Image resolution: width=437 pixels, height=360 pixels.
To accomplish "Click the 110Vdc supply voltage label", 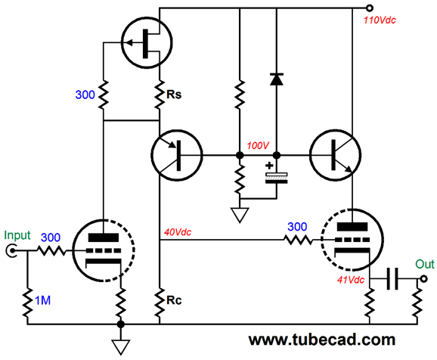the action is click(380, 20).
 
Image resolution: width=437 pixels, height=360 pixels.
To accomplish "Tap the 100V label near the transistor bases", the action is click(258, 145).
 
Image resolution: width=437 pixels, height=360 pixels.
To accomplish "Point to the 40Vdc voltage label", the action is click(178, 232).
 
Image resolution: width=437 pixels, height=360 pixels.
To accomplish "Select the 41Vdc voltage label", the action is click(351, 280).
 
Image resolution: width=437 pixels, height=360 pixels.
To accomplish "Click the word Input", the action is click(17, 236).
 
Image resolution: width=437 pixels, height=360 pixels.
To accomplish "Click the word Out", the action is click(425, 264).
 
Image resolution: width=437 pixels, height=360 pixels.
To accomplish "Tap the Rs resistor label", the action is click(174, 95).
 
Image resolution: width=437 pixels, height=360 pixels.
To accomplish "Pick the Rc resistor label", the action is click(174, 300).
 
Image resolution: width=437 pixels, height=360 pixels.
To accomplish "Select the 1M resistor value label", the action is click(42, 300).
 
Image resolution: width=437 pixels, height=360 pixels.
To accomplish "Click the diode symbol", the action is click(277, 79).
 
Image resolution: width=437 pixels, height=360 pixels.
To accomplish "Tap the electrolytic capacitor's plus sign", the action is click(269, 166).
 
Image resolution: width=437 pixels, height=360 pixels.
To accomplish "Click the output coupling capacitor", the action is click(392, 278).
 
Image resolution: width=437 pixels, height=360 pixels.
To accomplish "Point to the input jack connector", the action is click(11, 250).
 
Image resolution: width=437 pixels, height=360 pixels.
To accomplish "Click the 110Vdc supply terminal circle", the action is click(369, 8).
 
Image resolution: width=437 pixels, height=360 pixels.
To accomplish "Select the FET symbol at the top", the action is click(147, 42).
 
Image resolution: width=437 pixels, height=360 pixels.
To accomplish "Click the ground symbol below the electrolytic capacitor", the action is click(240, 215).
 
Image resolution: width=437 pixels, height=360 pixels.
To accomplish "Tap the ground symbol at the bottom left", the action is click(121, 347).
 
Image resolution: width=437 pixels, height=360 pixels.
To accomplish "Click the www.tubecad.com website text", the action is click(322, 340).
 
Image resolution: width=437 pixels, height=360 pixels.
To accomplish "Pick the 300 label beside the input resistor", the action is click(51, 237).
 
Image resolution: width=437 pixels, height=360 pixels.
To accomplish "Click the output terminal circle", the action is click(423, 278).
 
